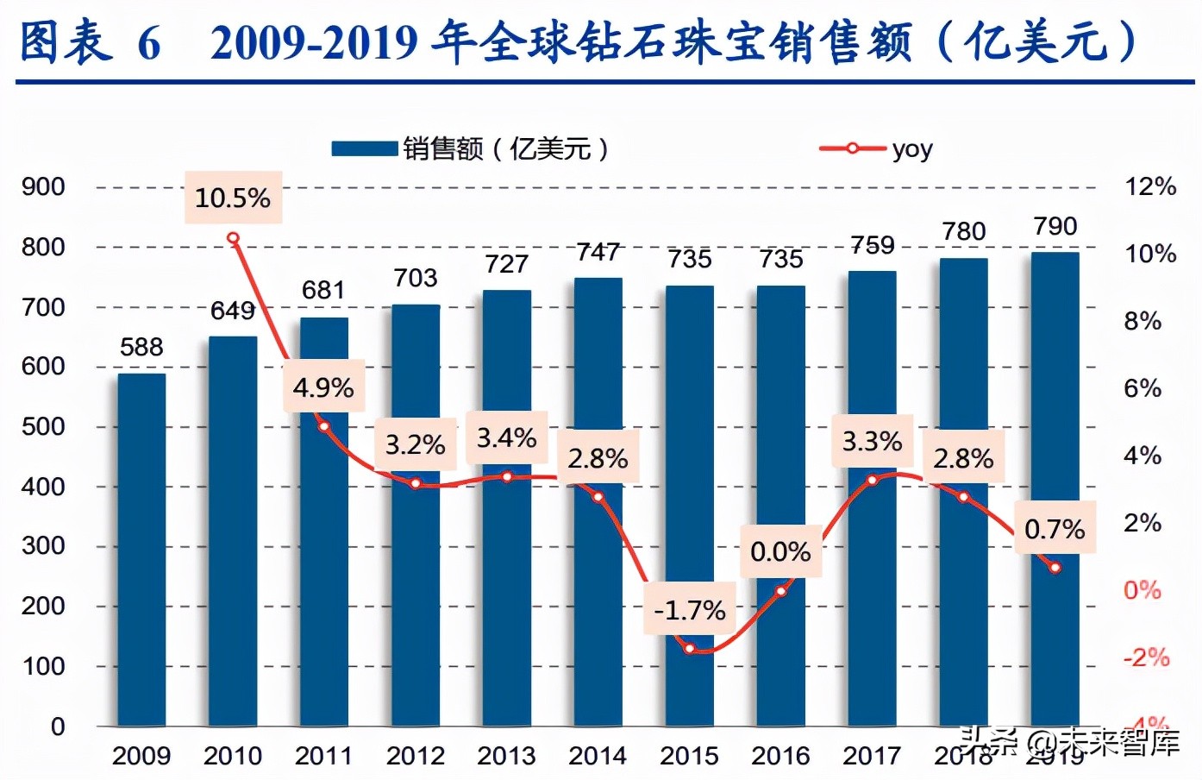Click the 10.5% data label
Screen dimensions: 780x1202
tap(233, 198)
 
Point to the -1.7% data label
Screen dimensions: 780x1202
tap(690, 610)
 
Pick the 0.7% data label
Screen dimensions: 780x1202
tap(1055, 528)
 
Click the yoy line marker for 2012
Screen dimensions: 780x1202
tap(416, 484)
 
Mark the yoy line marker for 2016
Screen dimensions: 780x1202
tap(780, 591)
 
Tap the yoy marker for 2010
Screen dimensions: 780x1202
tap(233, 239)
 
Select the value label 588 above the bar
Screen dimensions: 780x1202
tap(141, 347)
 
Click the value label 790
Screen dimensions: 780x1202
tap(1055, 226)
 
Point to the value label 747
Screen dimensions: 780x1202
tap(598, 252)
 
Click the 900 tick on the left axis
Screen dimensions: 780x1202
tap(43, 186)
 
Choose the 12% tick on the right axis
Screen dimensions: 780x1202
tap(1150, 186)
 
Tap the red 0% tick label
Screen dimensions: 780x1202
tap(1142, 590)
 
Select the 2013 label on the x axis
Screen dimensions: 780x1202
tap(506, 756)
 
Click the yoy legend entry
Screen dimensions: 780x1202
tap(876, 149)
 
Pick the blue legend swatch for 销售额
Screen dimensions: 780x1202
tap(364, 149)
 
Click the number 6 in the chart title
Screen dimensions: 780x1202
tap(149, 43)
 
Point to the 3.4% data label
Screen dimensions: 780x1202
tap(506, 437)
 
